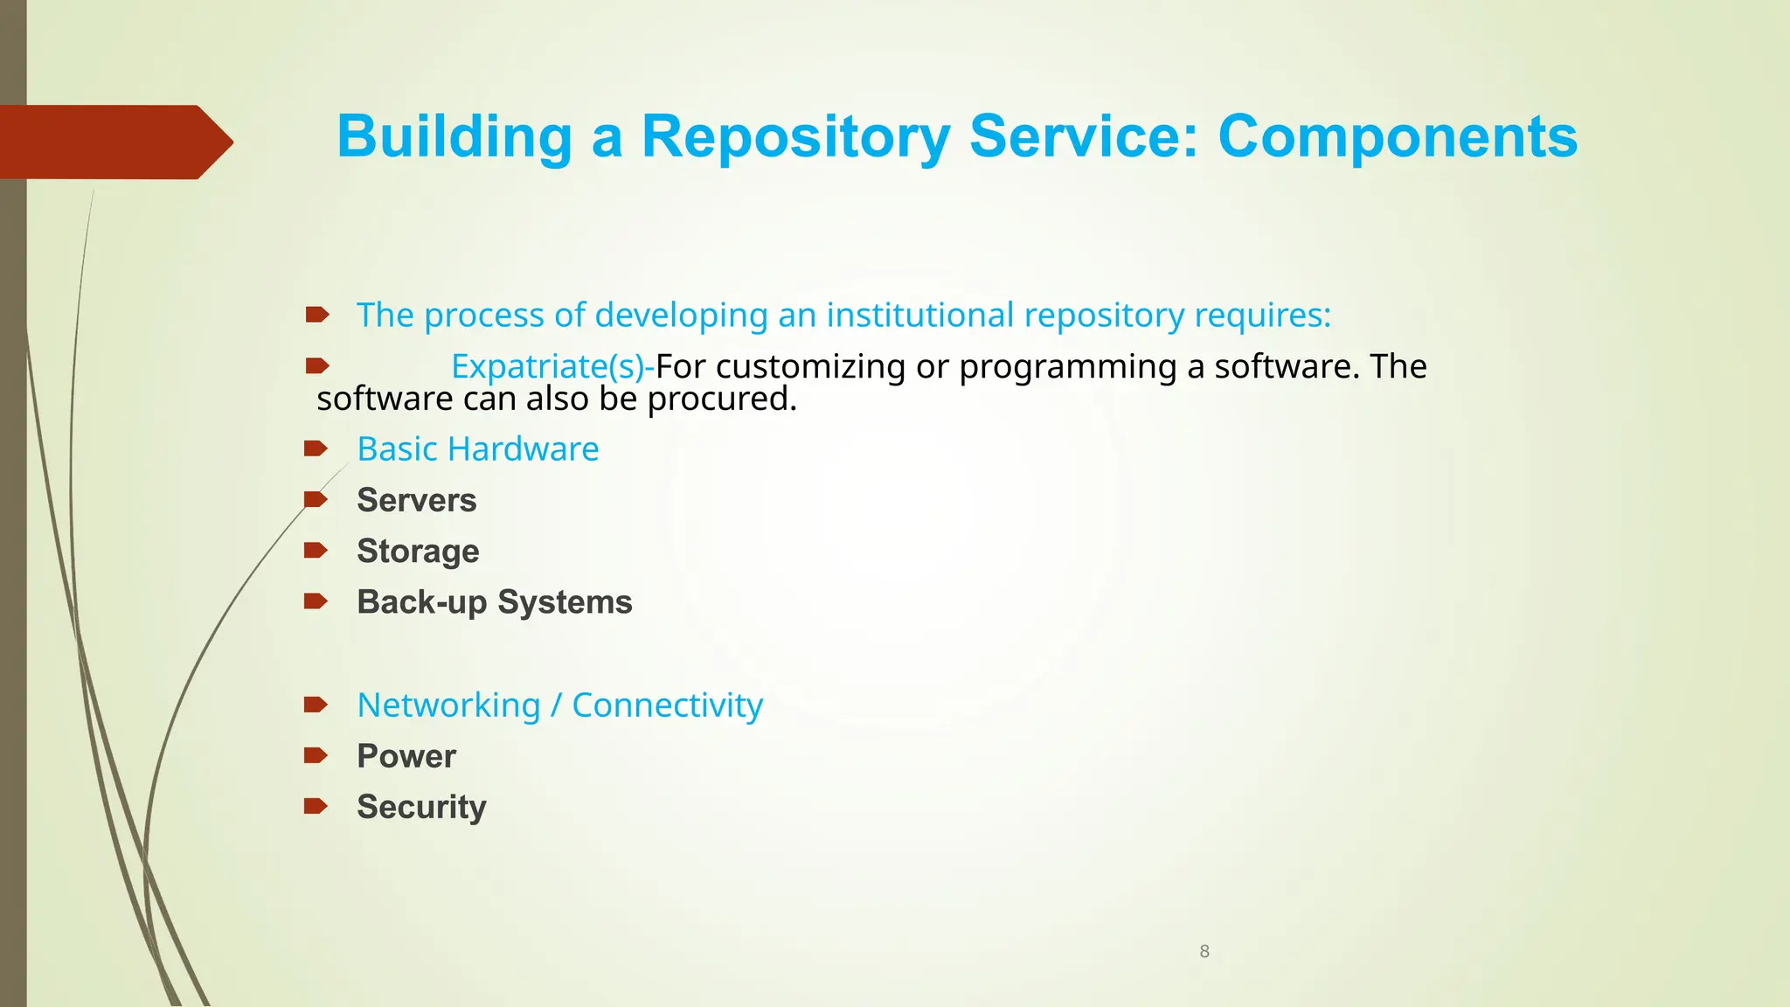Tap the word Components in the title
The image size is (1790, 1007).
coord(1398,137)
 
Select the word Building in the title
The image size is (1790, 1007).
coord(454,137)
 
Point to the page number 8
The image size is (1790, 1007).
coord(1204,951)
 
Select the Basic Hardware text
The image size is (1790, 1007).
coord(478,449)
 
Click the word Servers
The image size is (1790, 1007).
coord(417,500)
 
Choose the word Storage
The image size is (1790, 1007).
coord(418,551)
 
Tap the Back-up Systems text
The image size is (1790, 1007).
coord(494,602)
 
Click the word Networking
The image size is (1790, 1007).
coord(449,705)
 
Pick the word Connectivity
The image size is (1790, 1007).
coord(667,705)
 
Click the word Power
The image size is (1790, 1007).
coord(406,756)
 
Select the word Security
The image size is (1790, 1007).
coord(421,807)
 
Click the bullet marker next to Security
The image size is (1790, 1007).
coord(316,806)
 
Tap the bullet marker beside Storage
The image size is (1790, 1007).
coord(316,550)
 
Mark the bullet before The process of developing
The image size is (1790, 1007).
coord(316,314)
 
